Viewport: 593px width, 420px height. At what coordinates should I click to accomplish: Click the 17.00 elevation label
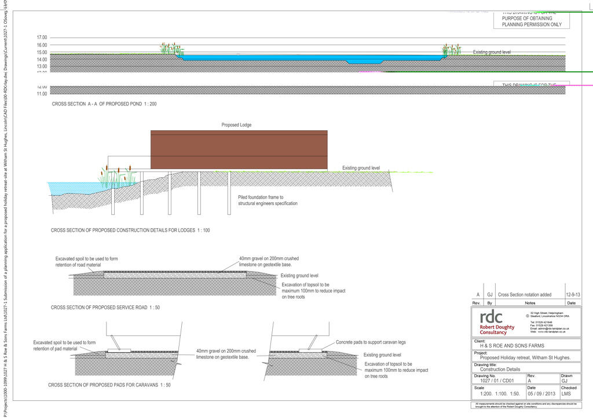tap(42, 38)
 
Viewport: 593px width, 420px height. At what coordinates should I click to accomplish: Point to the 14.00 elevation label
tap(42, 60)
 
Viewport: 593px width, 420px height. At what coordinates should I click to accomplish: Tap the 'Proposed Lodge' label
tap(236, 125)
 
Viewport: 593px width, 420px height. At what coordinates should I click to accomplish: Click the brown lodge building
tap(239, 150)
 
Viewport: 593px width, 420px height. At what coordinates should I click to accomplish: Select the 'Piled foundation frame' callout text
tap(268, 200)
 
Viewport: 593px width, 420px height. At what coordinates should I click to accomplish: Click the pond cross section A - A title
tap(104, 104)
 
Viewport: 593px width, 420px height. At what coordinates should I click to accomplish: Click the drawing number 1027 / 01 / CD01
tap(492, 381)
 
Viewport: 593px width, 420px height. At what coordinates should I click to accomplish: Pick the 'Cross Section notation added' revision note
tap(525, 295)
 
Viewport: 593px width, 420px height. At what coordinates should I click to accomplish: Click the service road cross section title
tap(105, 307)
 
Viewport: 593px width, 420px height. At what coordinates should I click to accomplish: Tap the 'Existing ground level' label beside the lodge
tap(361, 168)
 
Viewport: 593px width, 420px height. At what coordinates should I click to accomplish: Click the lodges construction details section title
tap(130, 231)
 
